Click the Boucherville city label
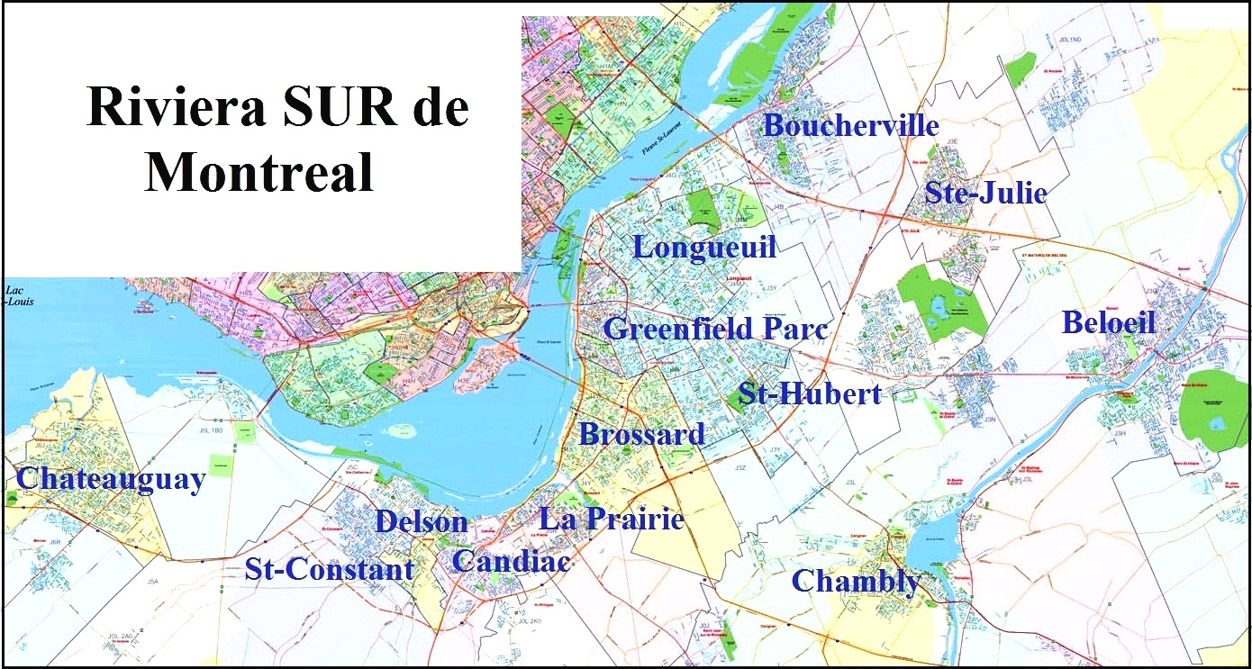tap(851, 126)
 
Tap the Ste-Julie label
tap(985, 193)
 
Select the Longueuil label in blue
tap(704, 247)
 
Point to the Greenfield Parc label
tap(715, 329)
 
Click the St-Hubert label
tap(809, 393)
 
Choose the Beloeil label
tap(1109, 322)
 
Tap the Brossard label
tap(641, 435)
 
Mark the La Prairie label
tap(612, 519)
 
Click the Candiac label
tap(511, 561)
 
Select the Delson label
tap(422, 521)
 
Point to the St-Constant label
tap(329, 569)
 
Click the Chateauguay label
tap(111, 479)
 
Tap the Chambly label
tap(856, 582)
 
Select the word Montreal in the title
tap(259, 171)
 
